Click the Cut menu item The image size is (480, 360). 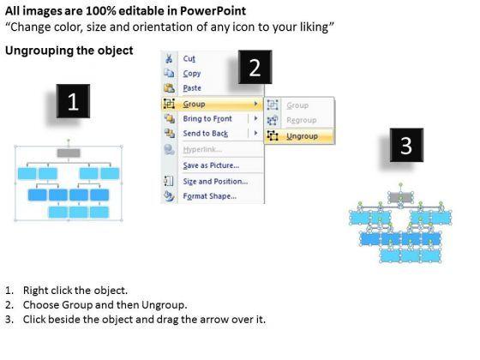[189, 58]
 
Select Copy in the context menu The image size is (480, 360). [192, 74]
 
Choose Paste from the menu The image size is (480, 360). [192, 88]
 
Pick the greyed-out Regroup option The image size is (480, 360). [301, 120]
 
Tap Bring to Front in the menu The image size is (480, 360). [207, 118]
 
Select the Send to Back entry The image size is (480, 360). [206, 134]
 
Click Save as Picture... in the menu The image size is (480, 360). [211, 165]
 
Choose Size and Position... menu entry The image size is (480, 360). [215, 181]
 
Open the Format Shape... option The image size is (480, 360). [210, 196]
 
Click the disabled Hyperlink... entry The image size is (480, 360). [202, 149]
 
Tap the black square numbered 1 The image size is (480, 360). [73, 101]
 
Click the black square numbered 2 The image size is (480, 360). [255, 67]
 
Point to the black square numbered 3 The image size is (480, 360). [406, 145]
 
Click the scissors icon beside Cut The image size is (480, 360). [169, 58]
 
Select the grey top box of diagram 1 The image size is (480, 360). [69, 153]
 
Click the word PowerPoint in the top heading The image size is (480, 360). [213, 11]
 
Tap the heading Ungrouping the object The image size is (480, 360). [69, 51]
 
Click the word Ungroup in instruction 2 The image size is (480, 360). [164, 305]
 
